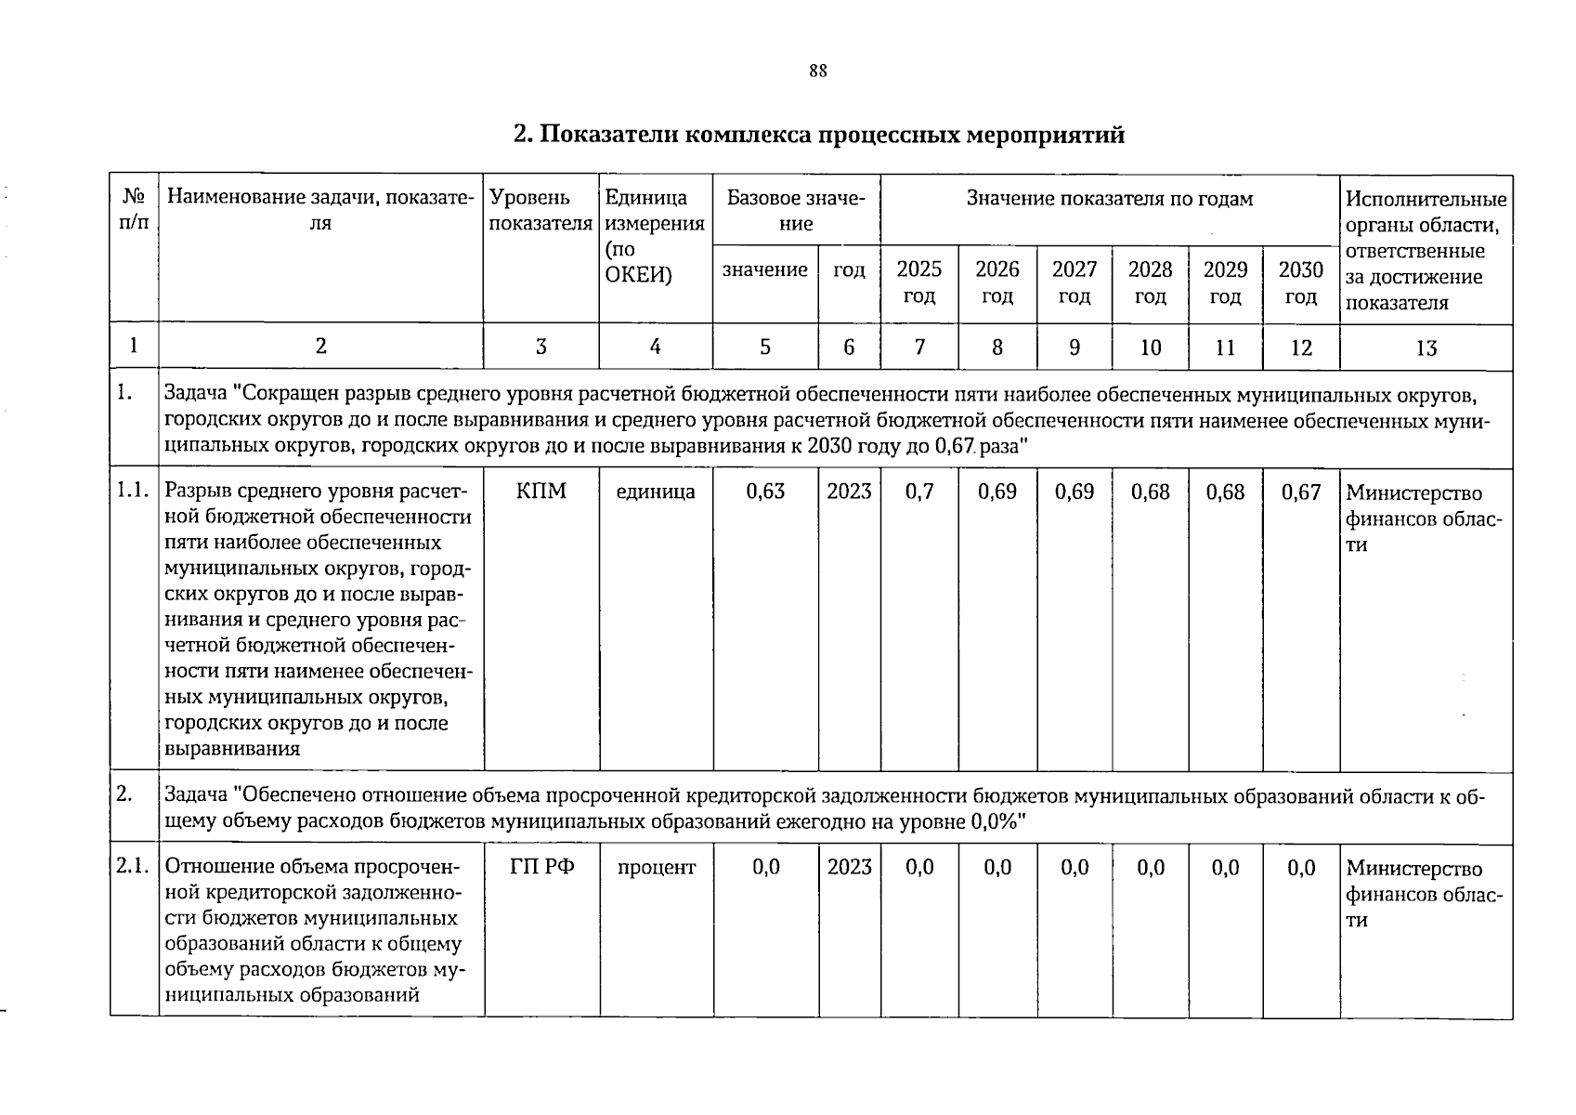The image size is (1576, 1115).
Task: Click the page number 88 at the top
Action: tap(817, 72)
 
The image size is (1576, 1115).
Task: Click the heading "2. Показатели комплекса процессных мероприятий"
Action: tap(818, 136)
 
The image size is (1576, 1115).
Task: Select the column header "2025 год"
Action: tap(918, 282)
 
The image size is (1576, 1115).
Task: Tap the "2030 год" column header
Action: tap(1300, 282)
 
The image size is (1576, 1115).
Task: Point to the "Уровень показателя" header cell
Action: tap(540, 211)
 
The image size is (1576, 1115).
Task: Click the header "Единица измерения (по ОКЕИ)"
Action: tap(654, 237)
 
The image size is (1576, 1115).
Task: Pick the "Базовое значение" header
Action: tap(796, 211)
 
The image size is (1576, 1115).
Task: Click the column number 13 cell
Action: tap(1426, 348)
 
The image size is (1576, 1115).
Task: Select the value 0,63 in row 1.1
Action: tap(765, 492)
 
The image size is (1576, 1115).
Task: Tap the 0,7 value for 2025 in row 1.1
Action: tap(918, 492)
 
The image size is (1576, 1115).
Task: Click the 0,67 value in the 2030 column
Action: tap(1300, 492)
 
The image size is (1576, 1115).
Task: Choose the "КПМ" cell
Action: tap(541, 492)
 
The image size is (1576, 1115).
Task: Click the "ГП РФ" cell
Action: tap(541, 867)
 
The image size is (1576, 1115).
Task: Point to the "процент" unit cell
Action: tap(656, 867)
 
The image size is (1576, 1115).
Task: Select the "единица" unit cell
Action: tap(656, 492)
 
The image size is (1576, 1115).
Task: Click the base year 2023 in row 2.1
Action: tap(849, 867)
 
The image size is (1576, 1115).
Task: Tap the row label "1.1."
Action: tap(134, 492)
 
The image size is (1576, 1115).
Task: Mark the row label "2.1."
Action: tap(134, 867)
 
